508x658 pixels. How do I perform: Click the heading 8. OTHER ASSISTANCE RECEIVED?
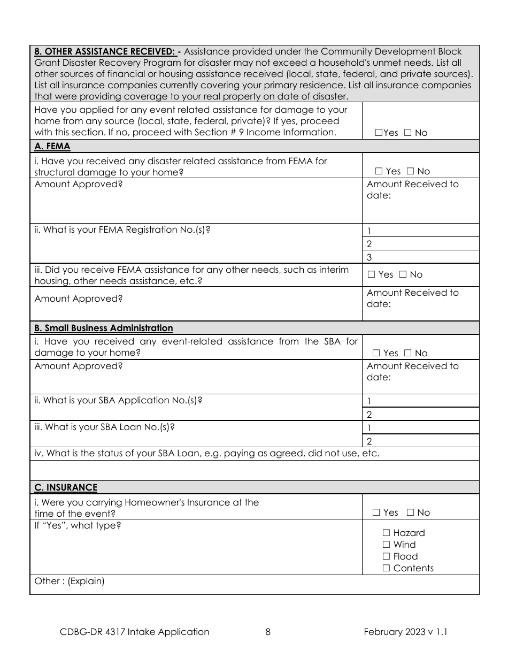pos(104,52)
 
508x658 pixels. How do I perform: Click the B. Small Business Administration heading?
pos(103,328)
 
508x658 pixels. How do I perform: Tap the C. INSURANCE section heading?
pos(65,487)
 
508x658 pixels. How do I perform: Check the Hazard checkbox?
pos(386,533)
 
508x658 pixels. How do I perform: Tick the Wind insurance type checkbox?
pos(386,545)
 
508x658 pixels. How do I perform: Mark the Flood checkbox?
pos(386,556)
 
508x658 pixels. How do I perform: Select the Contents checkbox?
pos(386,568)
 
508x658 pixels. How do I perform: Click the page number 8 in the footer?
pos(268,632)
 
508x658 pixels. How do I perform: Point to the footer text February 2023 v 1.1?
pos(405,632)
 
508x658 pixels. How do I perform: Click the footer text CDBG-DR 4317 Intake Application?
pos(135,632)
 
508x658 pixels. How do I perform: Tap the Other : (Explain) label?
pos(70,581)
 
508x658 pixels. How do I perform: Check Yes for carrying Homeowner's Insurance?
pos(376,512)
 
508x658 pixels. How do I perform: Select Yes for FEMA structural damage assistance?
pos(379,171)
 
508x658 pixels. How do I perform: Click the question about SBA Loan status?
pos(207,454)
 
